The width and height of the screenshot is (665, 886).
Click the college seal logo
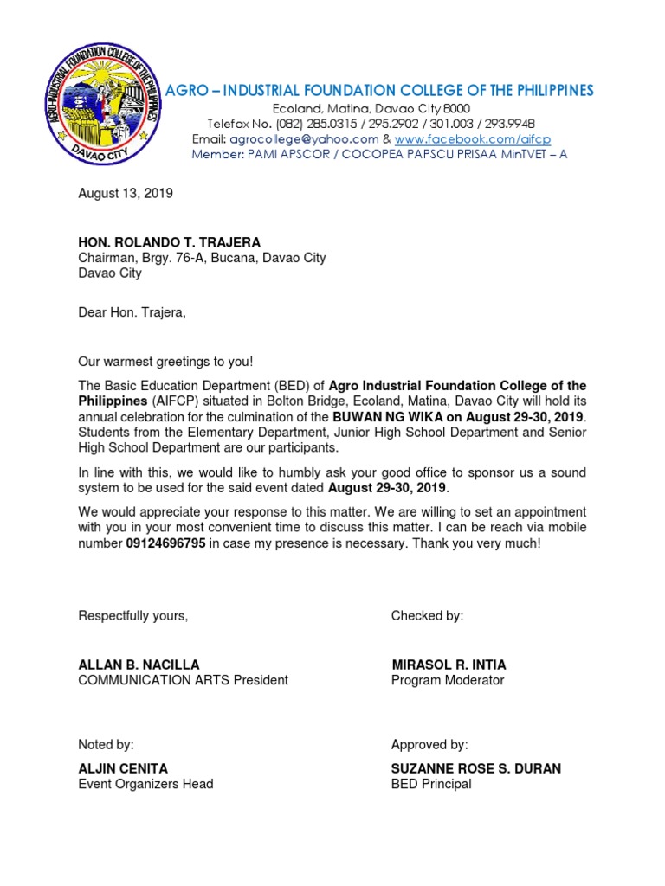103,107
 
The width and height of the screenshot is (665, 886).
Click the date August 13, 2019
126,194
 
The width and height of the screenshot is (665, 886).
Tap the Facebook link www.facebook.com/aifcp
472,139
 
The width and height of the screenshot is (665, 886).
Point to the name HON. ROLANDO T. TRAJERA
170,242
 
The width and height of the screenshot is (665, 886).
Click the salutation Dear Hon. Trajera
132,312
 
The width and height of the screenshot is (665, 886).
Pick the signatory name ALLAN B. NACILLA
139,664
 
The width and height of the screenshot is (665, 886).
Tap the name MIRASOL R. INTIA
449,664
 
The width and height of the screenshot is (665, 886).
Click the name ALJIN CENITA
124,768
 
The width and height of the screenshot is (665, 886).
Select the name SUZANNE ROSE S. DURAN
476,768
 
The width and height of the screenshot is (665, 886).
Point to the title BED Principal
431,784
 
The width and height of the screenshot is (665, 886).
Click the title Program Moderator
447,680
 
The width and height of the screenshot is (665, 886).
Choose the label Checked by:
427,616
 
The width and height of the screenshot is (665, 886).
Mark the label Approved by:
429,744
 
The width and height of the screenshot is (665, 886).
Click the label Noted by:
107,744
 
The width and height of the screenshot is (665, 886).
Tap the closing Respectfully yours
133,616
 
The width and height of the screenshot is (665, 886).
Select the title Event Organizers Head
145,784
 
